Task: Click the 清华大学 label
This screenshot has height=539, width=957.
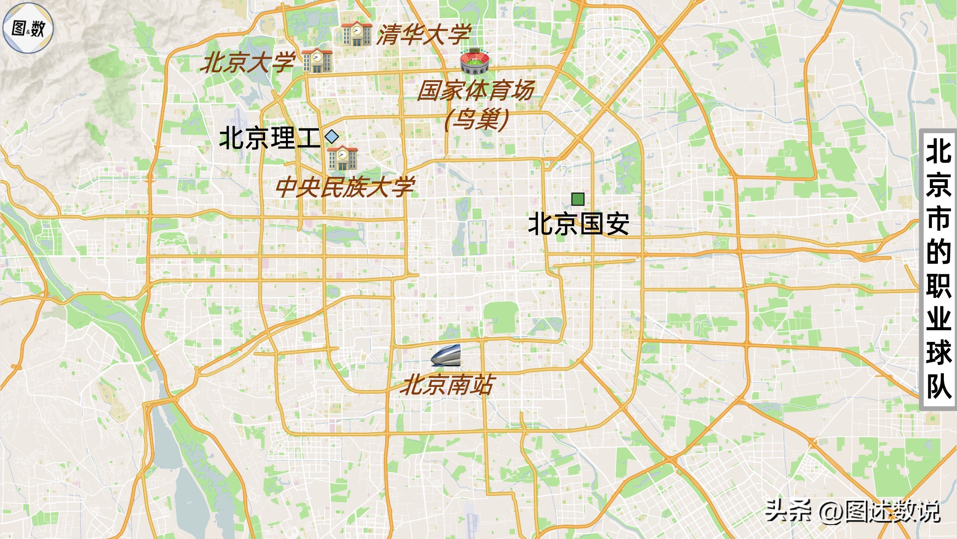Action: [x=424, y=34]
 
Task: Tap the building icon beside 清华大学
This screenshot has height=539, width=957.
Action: [x=356, y=34]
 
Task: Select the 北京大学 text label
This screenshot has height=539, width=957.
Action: [x=248, y=62]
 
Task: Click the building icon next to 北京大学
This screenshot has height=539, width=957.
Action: [x=317, y=61]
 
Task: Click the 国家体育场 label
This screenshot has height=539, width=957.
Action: [x=475, y=91]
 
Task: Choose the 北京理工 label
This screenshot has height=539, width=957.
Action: [x=270, y=138]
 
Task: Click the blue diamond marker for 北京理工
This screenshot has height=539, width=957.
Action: [x=332, y=137]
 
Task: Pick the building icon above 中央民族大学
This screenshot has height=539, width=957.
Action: [x=343, y=158]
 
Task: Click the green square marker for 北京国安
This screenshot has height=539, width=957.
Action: [x=578, y=199]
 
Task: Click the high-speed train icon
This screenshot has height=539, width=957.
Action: [x=447, y=355]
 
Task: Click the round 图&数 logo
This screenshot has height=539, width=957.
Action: [x=28, y=28]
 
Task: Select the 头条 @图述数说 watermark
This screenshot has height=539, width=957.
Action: [x=853, y=511]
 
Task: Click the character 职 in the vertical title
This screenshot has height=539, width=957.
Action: [x=938, y=286]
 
